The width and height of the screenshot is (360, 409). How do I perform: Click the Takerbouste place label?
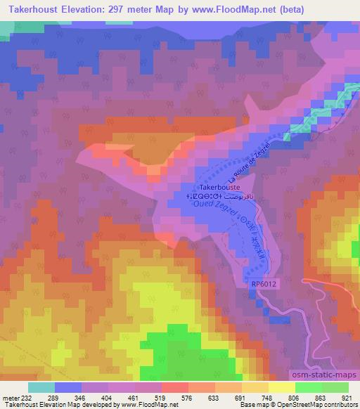pos(220,188)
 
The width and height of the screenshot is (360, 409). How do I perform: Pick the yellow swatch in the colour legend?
pos(281,387)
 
